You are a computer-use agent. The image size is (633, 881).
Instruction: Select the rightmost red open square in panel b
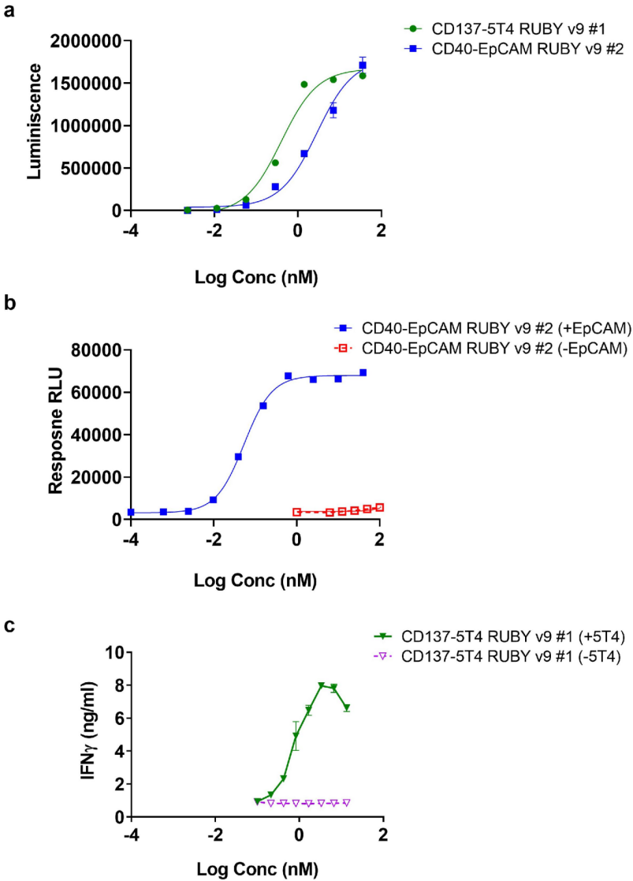pyautogui.click(x=379, y=507)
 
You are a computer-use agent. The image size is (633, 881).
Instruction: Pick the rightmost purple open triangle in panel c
pyautogui.click(x=346, y=802)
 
